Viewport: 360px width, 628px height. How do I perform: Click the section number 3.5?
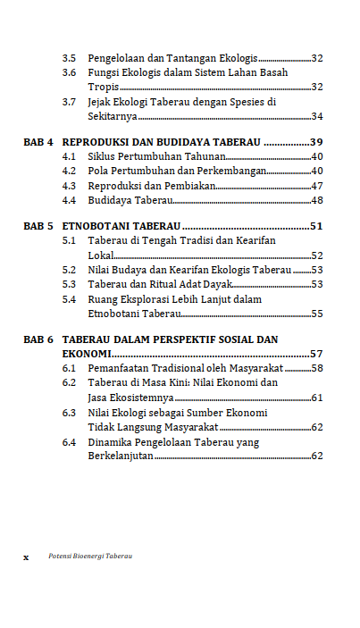[x=69, y=58]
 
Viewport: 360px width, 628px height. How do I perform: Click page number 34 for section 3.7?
[x=316, y=116]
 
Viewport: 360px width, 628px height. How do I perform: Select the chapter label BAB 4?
[x=38, y=142]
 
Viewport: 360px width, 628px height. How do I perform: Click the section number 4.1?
[x=69, y=156]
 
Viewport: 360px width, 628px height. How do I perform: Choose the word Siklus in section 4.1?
[x=102, y=156]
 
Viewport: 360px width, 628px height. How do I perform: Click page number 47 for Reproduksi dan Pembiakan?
[x=316, y=186]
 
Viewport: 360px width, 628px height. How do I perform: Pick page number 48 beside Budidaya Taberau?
[x=316, y=200]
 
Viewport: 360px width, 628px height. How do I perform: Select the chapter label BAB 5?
[x=38, y=226]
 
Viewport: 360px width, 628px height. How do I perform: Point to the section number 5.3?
[x=69, y=284]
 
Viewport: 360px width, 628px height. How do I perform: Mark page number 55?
[x=316, y=314]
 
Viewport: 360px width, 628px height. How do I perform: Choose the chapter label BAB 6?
[x=38, y=339]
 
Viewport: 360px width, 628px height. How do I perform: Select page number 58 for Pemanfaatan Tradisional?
[x=316, y=368]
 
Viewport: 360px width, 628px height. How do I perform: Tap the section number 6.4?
[x=69, y=441]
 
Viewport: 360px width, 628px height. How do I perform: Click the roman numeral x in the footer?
[x=26, y=557]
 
